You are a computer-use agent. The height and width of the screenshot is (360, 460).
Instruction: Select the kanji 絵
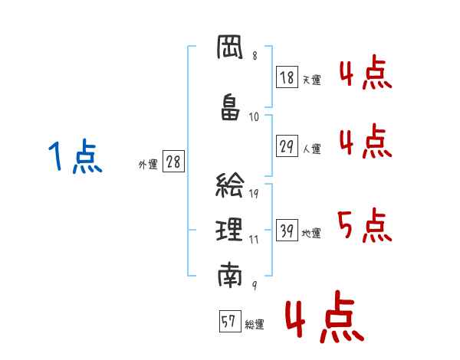coord(231,185)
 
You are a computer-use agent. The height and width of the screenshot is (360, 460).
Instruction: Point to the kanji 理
coord(231,230)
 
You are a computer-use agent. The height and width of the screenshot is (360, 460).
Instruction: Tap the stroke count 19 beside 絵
coord(254,194)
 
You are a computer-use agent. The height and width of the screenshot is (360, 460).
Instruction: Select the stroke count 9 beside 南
coord(254,284)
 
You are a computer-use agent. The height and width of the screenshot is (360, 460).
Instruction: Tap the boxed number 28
coord(173,162)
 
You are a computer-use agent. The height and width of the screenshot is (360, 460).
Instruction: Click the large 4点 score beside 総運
coord(324,320)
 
